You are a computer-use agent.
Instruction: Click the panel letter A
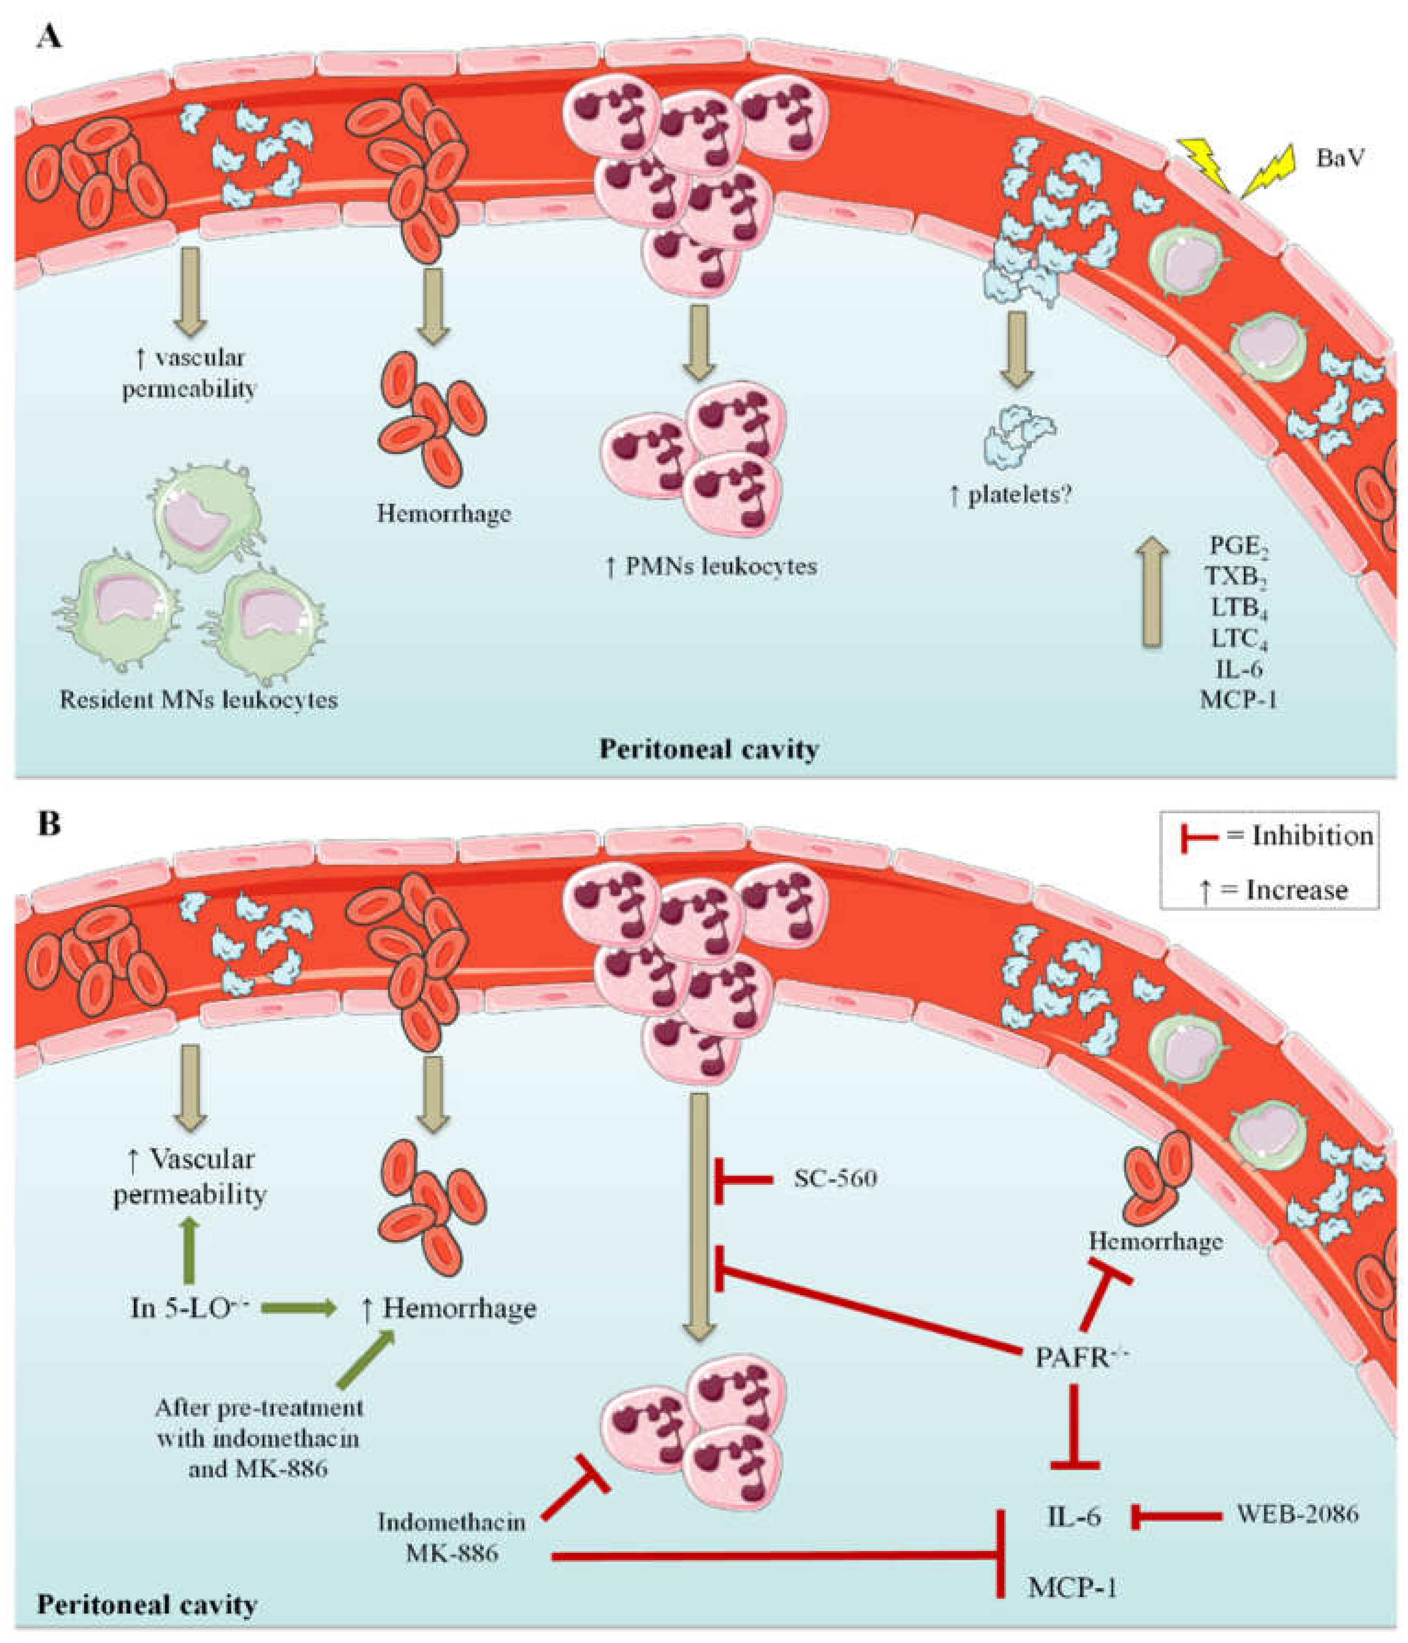pos(49,36)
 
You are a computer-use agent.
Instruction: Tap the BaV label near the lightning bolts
pos(1340,158)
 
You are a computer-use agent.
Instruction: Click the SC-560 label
pos(835,1178)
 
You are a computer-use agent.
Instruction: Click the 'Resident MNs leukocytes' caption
pos(198,700)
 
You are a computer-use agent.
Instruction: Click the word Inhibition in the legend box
pos(1312,836)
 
